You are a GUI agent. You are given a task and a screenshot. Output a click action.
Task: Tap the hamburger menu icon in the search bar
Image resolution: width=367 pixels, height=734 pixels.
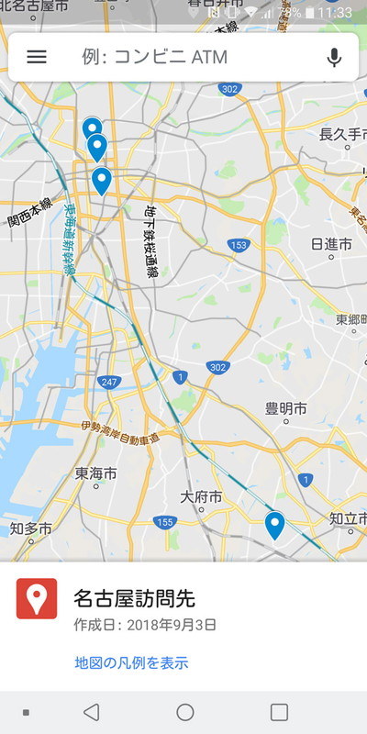pyautogui.click(x=37, y=57)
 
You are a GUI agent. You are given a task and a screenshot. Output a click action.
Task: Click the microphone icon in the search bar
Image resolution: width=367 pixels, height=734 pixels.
pyautogui.click(x=334, y=57)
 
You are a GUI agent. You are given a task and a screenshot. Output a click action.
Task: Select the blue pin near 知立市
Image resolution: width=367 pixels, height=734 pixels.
pyautogui.click(x=274, y=526)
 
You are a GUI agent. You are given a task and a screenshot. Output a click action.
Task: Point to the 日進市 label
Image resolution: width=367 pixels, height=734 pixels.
pyautogui.click(x=331, y=244)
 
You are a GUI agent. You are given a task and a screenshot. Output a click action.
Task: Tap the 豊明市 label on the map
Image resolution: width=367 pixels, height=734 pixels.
pyautogui.click(x=285, y=407)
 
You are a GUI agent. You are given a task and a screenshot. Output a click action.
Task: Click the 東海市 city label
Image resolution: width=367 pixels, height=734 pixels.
pyautogui.click(x=95, y=473)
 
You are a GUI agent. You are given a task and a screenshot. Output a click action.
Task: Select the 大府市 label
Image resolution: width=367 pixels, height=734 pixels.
pyautogui.click(x=201, y=497)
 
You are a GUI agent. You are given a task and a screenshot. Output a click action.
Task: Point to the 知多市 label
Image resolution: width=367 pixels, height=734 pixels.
pyautogui.click(x=30, y=529)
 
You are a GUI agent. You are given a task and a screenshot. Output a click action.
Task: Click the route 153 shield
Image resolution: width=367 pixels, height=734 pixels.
pyautogui.click(x=239, y=245)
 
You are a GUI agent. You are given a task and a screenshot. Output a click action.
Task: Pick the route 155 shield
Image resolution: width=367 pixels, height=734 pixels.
pyautogui.click(x=165, y=522)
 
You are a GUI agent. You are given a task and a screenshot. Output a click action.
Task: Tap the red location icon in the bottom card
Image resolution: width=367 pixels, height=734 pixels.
pyautogui.click(x=37, y=598)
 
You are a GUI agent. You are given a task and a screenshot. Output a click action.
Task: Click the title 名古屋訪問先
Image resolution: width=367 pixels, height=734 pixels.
pyautogui.click(x=134, y=599)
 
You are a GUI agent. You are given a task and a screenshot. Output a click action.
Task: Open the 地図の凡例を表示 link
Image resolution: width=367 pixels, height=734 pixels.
pyautogui.click(x=131, y=662)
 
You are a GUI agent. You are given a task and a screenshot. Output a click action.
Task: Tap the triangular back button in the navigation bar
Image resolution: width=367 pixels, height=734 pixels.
pyautogui.click(x=91, y=712)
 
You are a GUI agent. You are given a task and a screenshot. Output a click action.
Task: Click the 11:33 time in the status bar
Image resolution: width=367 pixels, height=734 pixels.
pyautogui.click(x=340, y=13)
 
